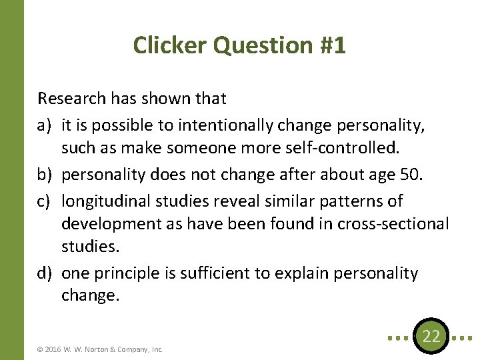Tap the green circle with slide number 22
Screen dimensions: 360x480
[431, 336]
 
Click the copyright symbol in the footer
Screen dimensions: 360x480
[40, 349]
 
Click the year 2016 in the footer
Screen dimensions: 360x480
[52, 349]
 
